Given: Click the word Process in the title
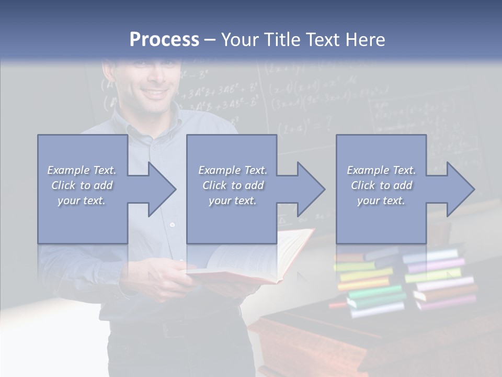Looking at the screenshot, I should pyautogui.click(x=164, y=40).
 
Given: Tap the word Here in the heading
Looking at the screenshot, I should pyautogui.click(x=365, y=40).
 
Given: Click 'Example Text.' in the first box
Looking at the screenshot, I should pyautogui.click(x=82, y=170).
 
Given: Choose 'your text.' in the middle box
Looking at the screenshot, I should pyautogui.click(x=232, y=201).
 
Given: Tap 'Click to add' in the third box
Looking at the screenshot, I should pyautogui.click(x=382, y=185).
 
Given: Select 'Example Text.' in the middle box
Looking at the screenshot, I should pyautogui.click(x=232, y=170).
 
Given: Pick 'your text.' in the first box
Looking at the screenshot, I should pyautogui.click(x=82, y=201).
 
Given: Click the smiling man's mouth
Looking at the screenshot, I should pyautogui.click(x=154, y=93).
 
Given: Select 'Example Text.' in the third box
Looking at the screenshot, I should pyautogui.click(x=382, y=170).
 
